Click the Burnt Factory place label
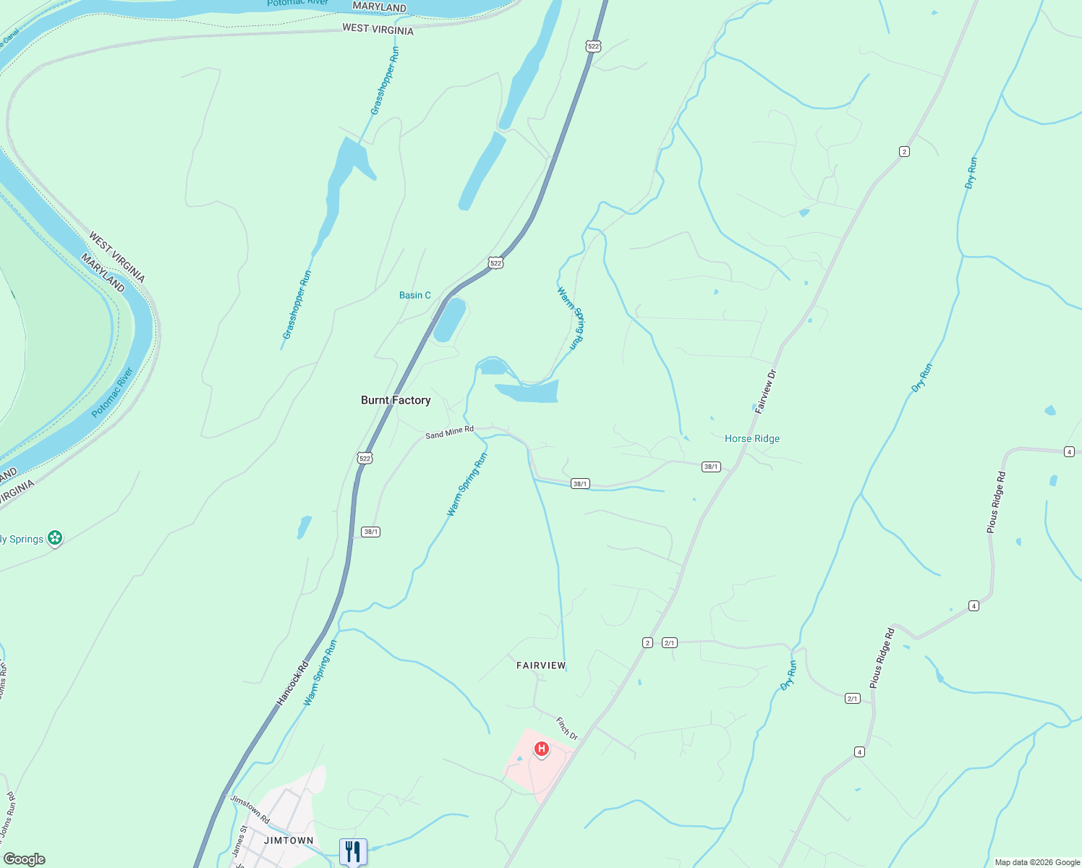pyautogui.click(x=396, y=400)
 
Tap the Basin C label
pyautogui.click(x=415, y=295)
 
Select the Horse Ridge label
pyautogui.click(x=752, y=438)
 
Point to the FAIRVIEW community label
pyautogui.click(x=541, y=665)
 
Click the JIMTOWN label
pyautogui.click(x=289, y=841)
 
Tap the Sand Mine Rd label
pyautogui.click(x=449, y=433)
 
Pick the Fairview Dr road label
pyautogui.click(x=765, y=391)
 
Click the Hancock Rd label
pyautogui.click(x=293, y=684)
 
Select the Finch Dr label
pyautogui.click(x=567, y=728)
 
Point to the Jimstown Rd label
pyautogui.click(x=250, y=809)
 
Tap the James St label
pyautogui.click(x=239, y=842)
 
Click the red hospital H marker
pyautogui.click(x=541, y=749)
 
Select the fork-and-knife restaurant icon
pyautogui.click(x=353, y=851)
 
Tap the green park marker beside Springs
pyautogui.click(x=55, y=538)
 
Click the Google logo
pyautogui.click(x=23, y=859)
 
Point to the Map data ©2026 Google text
pyautogui.click(x=1037, y=862)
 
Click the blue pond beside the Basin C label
pyautogui.click(x=449, y=320)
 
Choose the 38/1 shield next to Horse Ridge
pyautogui.click(x=710, y=467)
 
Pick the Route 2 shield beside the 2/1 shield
pyautogui.click(x=647, y=642)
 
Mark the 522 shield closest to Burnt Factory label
pyautogui.click(x=365, y=458)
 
